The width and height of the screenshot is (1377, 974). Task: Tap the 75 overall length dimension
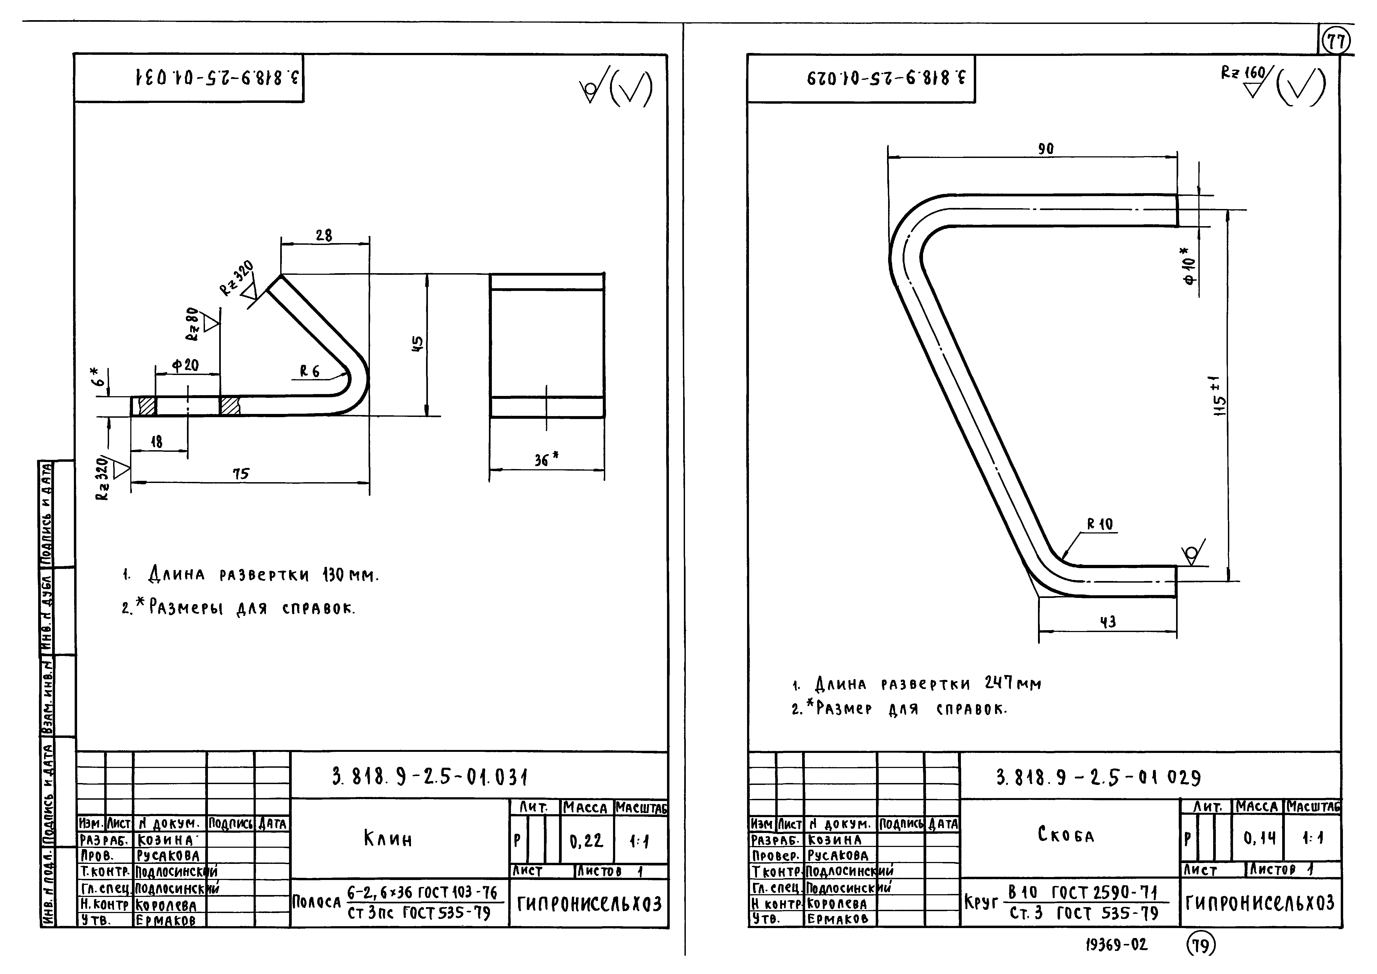coord(241,474)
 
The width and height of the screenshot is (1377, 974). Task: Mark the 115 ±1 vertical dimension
coord(1220,396)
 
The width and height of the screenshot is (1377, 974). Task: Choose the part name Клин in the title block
coord(388,838)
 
